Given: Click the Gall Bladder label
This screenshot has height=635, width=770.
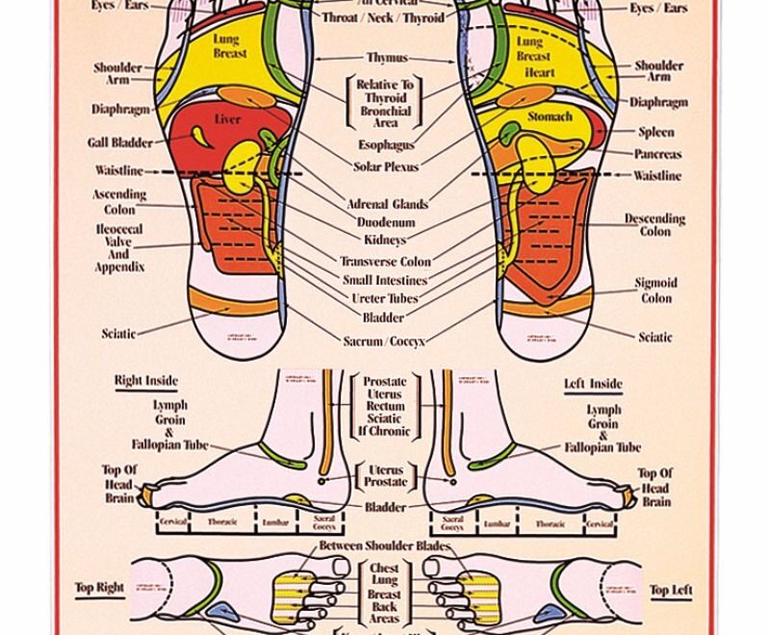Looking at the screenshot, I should (120, 142).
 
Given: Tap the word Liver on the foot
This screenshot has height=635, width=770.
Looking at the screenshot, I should (227, 120).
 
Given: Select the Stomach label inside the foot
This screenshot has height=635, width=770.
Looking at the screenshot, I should (550, 116).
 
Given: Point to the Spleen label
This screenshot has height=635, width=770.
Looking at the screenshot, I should (656, 132).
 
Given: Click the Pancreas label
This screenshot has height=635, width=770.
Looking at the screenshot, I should (657, 154).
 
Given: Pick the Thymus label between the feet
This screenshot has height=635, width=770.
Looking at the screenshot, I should (387, 58).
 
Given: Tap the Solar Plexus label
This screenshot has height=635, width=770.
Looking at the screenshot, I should (386, 166).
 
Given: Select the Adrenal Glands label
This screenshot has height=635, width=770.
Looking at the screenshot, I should (387, 204).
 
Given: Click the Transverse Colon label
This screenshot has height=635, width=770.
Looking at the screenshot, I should (385, 261).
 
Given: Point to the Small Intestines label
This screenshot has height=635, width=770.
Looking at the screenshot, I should (385, 280).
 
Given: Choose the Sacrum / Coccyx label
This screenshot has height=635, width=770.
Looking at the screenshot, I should (384, 341).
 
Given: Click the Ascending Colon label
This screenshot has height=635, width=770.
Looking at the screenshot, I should (119, 201).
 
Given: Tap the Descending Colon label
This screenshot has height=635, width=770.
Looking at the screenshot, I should (654, 224).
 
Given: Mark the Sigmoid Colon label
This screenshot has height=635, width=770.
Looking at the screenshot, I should (655, 291).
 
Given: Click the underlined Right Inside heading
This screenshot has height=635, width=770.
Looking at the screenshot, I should (146, 381).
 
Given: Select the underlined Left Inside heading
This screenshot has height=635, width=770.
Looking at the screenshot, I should (593, 384).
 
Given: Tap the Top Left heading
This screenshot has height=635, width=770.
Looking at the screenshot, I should (671, 590).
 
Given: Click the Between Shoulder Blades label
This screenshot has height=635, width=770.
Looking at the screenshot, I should (385, 546).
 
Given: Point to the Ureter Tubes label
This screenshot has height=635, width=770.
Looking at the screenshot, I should (385, 298).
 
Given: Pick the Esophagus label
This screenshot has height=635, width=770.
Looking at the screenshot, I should (386, 145).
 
